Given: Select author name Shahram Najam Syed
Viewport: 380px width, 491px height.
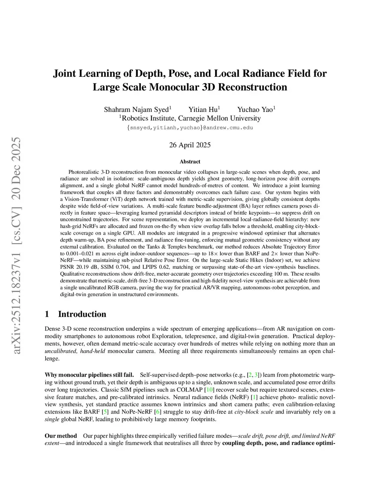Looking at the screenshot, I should point(136,109).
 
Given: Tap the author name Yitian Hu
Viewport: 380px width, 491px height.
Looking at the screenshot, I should point(203,109).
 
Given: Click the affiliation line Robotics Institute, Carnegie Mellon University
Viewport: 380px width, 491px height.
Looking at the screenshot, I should point(190,118).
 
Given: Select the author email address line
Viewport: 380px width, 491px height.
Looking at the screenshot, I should point(190,127).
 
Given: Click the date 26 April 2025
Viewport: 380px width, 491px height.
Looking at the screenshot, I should point(190,145).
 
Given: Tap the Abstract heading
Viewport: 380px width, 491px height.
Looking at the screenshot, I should point(190,162).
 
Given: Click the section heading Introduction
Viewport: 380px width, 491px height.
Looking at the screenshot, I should point(82,314).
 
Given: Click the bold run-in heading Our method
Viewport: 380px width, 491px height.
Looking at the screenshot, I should point(61,436).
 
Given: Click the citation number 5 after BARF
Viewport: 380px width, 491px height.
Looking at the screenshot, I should point(105,412).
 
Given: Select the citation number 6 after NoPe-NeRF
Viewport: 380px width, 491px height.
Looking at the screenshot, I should point(157,412).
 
